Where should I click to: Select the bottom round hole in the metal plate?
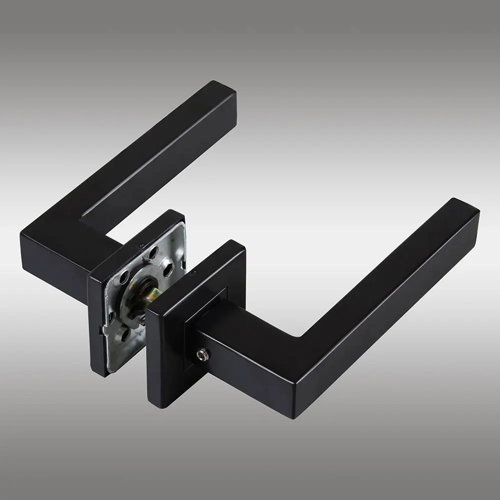124,334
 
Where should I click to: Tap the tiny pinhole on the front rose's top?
192,272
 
